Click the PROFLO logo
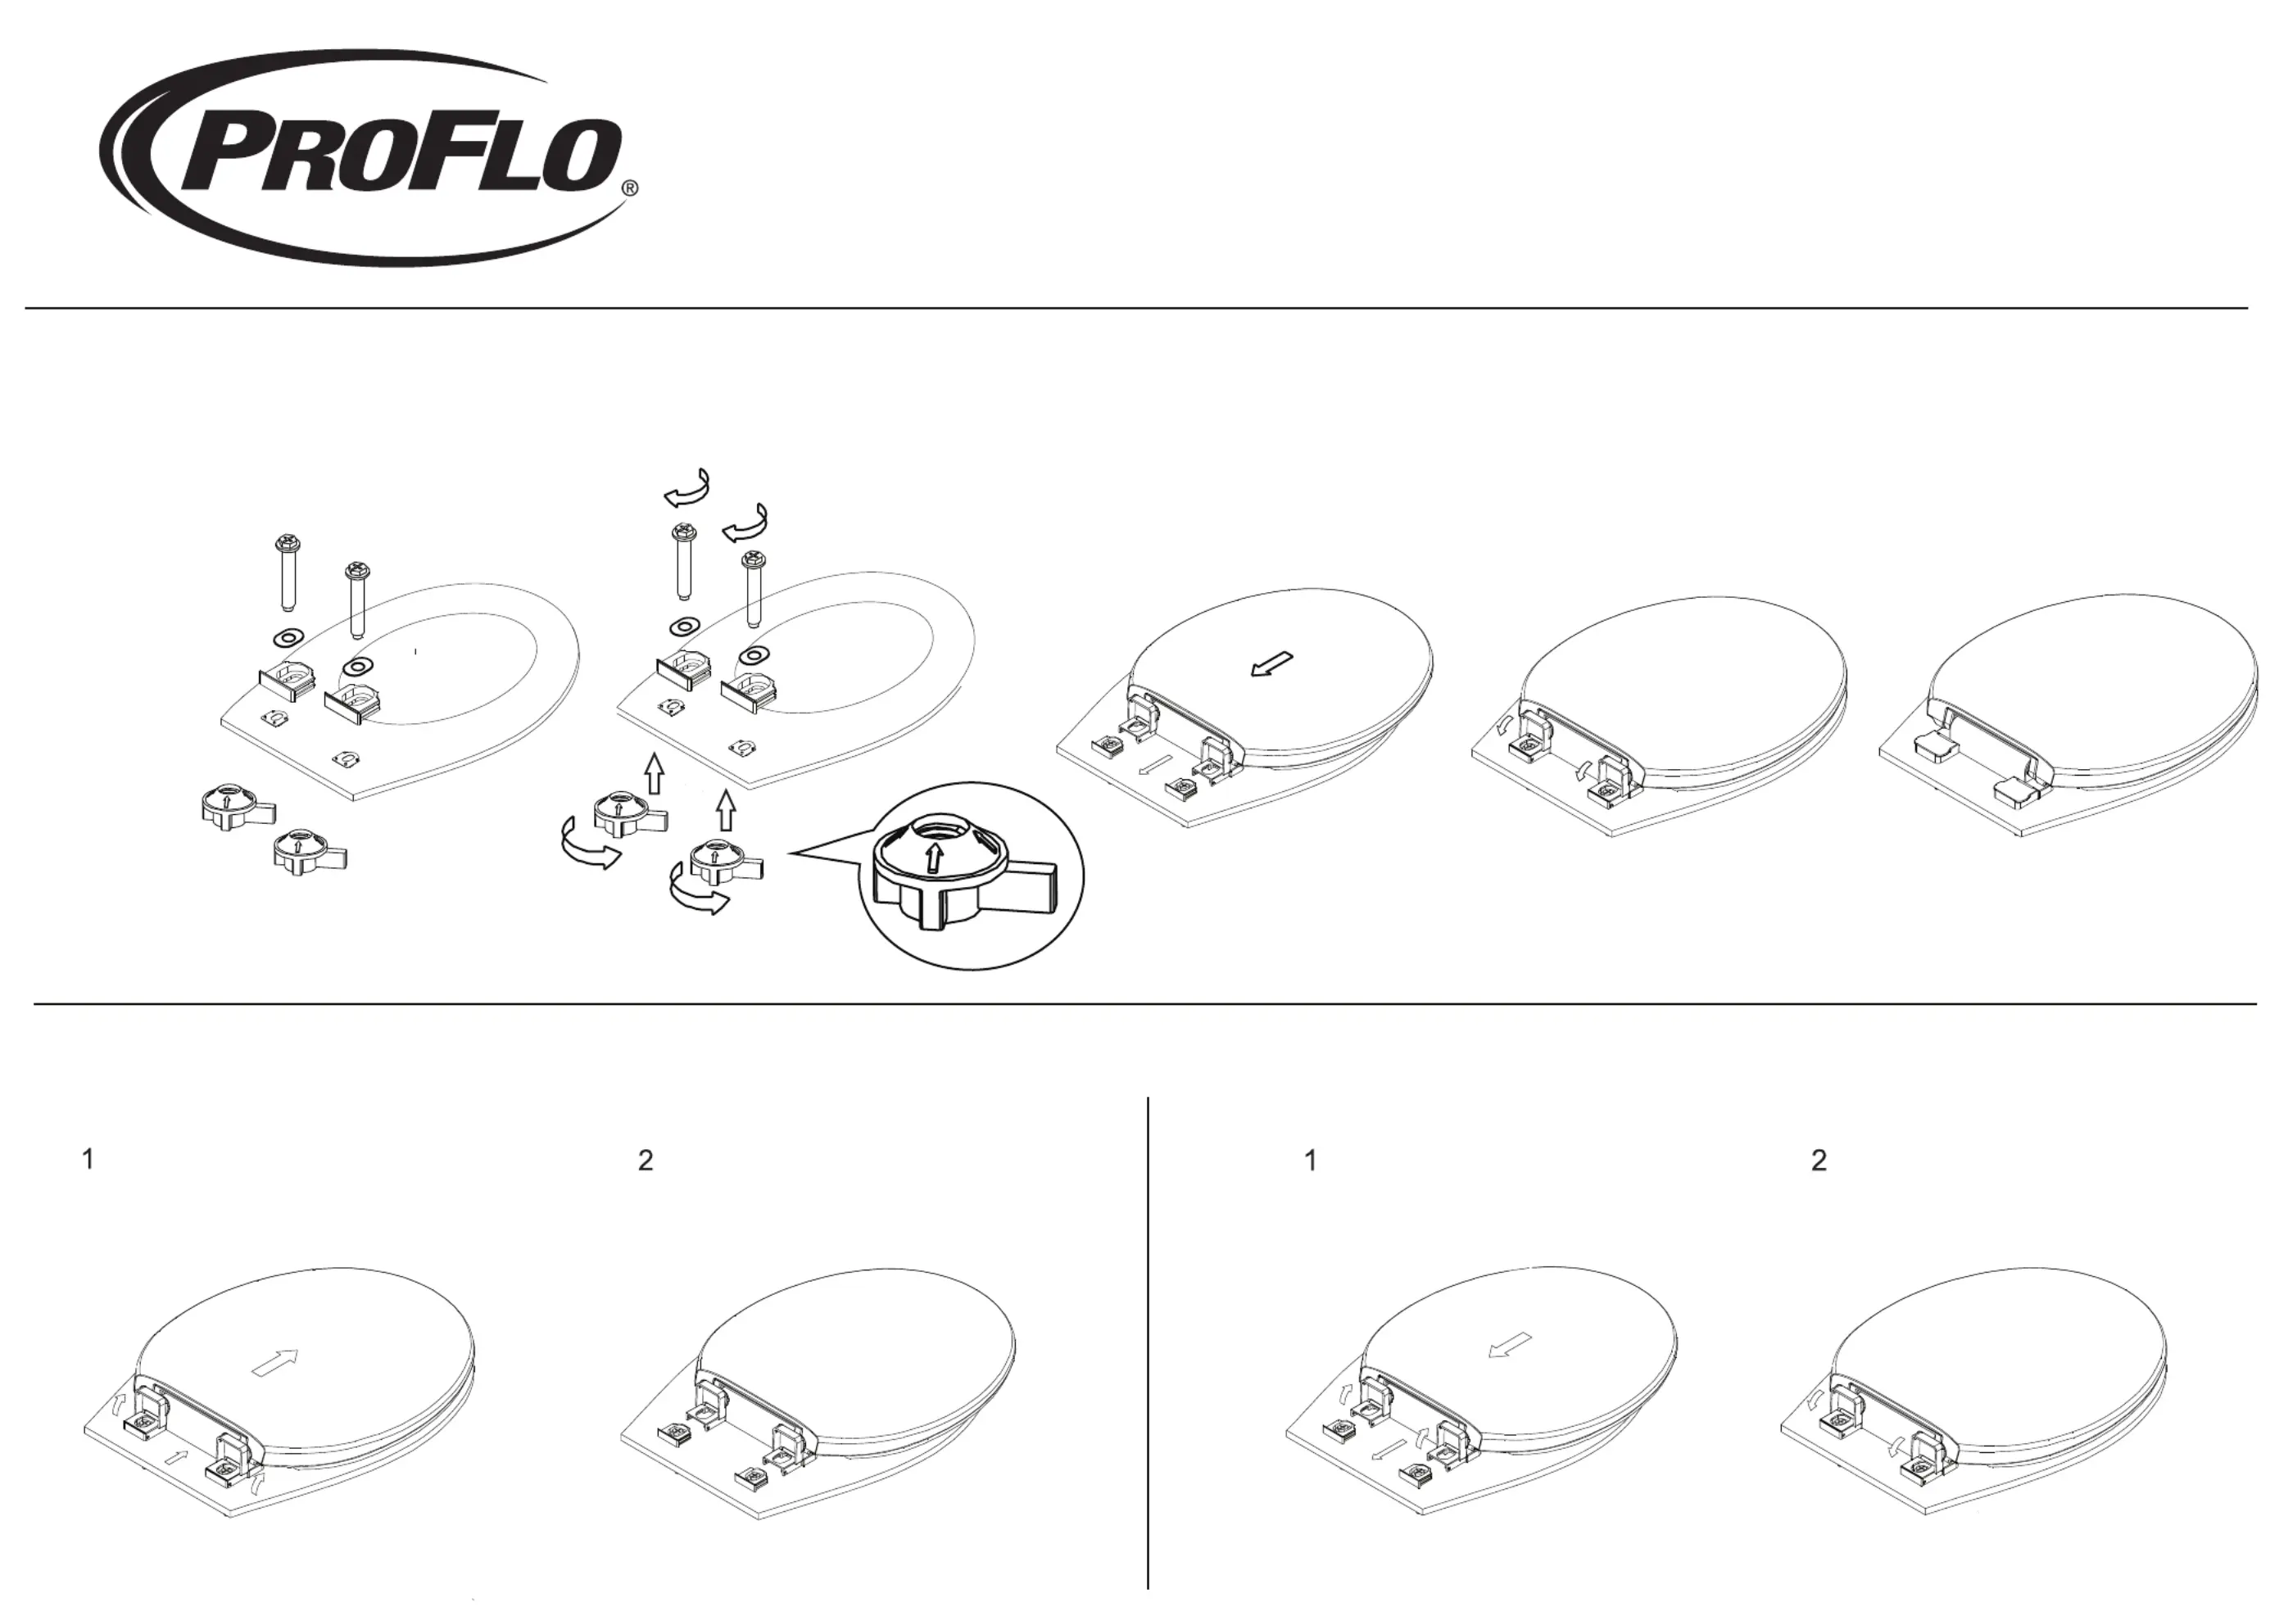click(368, 157)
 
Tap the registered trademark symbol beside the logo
click(629, 187)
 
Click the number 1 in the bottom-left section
click(88, 1159)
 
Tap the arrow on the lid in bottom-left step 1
click(276, 1362)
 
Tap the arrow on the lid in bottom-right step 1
click(1510, 1347)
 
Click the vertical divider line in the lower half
click(1149, 1343)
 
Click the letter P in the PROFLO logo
click(224, 157)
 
